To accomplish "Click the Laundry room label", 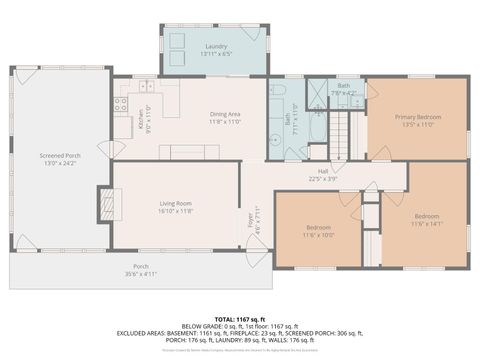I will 216,47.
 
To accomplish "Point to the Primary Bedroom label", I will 419,117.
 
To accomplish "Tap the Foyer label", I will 251,219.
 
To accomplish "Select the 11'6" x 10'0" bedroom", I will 318,229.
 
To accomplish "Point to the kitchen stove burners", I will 120,103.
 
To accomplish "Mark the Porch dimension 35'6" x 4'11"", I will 142,272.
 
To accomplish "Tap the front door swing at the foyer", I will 256,243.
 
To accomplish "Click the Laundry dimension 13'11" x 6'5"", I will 216,54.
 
